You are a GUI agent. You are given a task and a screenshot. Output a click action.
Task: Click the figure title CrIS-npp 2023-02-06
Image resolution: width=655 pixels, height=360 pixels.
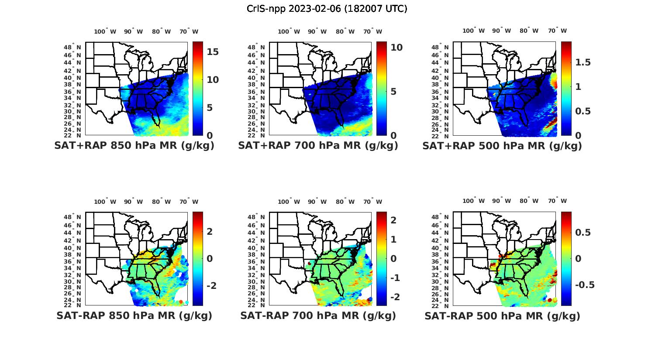pyautogui.click(x=327, y=9)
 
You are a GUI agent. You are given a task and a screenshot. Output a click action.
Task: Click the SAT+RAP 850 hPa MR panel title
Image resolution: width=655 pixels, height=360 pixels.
pyautogui.click(x=134, y=146)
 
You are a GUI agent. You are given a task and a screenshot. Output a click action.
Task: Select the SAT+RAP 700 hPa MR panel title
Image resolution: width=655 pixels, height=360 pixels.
pyautogui.click(x=318, y=146)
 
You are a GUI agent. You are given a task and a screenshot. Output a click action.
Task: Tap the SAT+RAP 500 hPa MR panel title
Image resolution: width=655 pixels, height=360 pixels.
pyautogui.click(x=502, y=146)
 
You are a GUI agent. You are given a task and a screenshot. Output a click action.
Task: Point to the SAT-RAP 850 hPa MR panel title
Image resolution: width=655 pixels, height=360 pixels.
pyautogui.click(x=134, y=315)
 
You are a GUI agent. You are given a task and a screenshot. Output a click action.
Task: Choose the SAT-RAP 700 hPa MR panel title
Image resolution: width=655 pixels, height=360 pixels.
pyautogui.click(x=318, y=315)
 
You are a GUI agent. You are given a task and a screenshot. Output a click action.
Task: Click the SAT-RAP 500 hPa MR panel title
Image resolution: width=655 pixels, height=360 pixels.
pyautogui.click(x=502, y=315)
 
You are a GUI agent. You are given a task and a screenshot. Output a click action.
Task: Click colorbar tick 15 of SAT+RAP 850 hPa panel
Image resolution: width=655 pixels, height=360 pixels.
pyautogui.click(x=213, y=52)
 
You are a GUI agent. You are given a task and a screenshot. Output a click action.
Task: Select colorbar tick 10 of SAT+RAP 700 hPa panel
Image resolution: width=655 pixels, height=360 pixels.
pyautogui.click(x=396, y=48)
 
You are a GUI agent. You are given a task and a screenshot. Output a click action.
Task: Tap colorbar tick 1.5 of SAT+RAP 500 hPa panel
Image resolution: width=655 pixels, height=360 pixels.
pyautogui.click(x=583, y=62)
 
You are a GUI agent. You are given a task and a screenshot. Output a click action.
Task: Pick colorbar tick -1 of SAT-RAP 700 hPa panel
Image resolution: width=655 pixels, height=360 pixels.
pyautogui.click(x=393, y=278)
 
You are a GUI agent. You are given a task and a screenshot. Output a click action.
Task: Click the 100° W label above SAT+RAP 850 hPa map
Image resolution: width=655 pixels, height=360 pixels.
pyautogui.click(x=105, y=31)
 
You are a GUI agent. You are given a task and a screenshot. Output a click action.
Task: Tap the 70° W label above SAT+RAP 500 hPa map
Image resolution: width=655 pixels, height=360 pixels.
pyautogui.click(x=558, y=31)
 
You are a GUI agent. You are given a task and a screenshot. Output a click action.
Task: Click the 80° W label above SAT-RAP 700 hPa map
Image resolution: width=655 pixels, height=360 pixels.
pyautogui.click(x=345, y=202)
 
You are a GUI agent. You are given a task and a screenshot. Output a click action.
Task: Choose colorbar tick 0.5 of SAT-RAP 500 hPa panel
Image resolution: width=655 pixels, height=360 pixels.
pyautogui.click(x=583, y=232)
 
